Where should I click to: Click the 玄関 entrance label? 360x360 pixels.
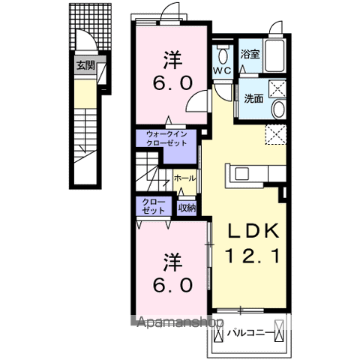85,65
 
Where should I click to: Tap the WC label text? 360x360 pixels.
222,70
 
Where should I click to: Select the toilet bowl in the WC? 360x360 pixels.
223,56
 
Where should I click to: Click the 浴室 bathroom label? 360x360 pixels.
250,54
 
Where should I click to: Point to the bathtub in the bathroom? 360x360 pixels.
274,55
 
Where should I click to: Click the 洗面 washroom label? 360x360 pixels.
253,98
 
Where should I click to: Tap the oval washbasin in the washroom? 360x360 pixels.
279,109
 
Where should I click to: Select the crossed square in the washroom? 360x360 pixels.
277,88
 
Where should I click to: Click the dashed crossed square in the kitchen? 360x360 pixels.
276,134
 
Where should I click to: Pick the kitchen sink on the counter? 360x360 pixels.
241,173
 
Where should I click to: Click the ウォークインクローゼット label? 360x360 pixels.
166,139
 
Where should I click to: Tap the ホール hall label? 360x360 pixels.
184,178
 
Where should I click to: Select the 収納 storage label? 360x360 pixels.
187,208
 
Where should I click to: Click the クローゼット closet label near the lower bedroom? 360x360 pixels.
154,206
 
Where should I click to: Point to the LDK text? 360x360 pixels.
253,231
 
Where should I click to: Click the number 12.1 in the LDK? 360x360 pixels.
253,256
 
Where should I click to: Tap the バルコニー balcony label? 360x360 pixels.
250,333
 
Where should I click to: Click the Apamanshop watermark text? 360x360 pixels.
180,322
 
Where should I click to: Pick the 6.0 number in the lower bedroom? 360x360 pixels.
172,285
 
